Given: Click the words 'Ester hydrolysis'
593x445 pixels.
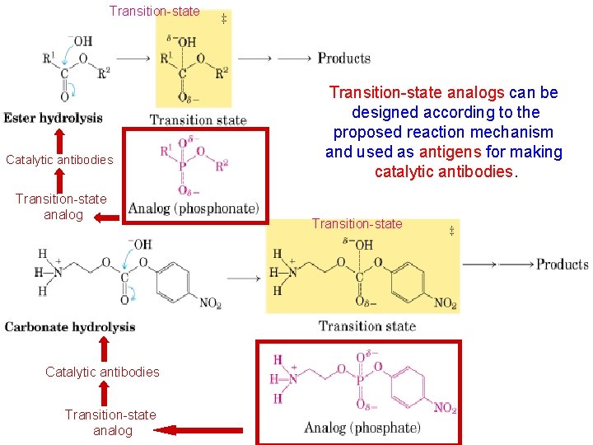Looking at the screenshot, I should (x=53, y=118).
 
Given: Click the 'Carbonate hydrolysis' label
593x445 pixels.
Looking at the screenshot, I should (x=70, y=327).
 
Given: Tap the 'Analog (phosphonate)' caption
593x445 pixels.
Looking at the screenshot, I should (x=194, y=208).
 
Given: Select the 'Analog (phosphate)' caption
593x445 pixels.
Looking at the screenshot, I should (x=362, y=428).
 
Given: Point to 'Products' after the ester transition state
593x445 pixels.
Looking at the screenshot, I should (x=343, y=58).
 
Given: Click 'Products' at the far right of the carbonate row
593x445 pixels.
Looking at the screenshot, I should (x=562, y=265).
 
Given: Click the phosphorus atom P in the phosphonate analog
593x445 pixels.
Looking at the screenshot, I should (x=183, y=165).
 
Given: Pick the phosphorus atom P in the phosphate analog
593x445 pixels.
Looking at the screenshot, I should (x=360, y=381).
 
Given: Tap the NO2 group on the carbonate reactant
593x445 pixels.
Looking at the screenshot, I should (x=210, y=304).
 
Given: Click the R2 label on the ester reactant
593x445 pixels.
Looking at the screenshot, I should (x=104, y=73).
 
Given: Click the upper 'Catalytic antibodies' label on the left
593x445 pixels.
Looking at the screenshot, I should (x=59, y=160).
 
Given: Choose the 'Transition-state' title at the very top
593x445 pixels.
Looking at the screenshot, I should (x=155, y=12).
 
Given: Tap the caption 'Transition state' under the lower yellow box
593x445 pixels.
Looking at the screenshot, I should (x=367, y=327).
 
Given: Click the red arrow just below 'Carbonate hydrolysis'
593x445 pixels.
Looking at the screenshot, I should (x=102, y=347).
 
